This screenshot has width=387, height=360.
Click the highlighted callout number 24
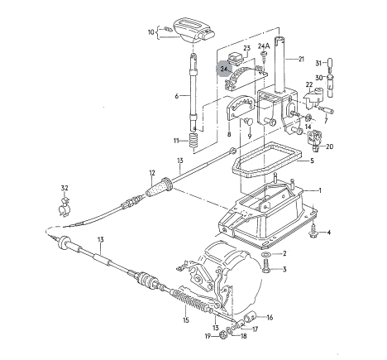pos(223,69)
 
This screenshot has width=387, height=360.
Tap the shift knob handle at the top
pos(193,30)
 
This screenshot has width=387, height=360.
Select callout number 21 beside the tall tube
pos(301,59)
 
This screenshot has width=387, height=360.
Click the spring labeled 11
pos(193,140)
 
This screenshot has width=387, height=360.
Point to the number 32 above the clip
pos(64,188)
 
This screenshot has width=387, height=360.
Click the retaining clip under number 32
pos(64,208)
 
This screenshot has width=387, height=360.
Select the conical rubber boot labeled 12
pos(159,188)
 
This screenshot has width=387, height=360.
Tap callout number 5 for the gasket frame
pos(312,161)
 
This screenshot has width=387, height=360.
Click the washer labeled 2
pos(266,254)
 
